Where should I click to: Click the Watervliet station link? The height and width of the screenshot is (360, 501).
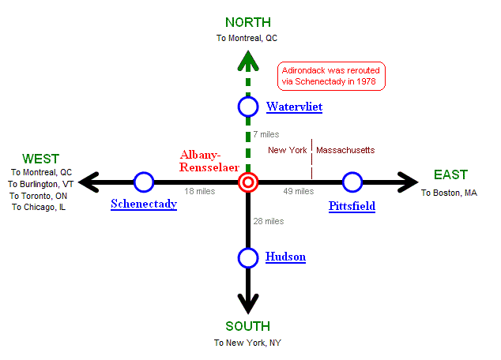pos(294,107)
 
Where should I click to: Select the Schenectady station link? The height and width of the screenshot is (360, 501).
pos(144,204)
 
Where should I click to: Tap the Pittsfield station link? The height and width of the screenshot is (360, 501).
pos(352,207)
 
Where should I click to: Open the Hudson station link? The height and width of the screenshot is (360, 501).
pos(285,257)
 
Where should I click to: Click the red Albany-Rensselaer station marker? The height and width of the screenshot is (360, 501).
pos(249,183)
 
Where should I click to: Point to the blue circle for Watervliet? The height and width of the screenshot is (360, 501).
pos(249,107)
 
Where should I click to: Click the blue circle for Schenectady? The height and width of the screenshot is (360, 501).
pos(144,182)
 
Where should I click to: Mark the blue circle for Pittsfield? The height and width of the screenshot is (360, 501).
pos(352,182)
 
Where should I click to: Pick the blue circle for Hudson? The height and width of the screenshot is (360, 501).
pos(249,257)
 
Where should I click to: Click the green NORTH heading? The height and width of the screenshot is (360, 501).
pos(248,22)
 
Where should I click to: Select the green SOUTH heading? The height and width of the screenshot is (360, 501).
pos(247,327)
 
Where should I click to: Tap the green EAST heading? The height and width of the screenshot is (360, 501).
pos(450,174)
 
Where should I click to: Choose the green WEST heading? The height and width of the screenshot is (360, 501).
pos(40,159)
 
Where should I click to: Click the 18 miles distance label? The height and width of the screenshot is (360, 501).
pos(200,192)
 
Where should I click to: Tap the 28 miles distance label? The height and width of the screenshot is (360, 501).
pos(269,221)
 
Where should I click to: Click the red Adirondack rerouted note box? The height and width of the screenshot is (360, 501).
pos(332,75)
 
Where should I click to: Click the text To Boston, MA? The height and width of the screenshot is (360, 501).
pos(449,193)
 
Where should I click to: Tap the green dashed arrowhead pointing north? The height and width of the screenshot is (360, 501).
pos(249,58)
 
